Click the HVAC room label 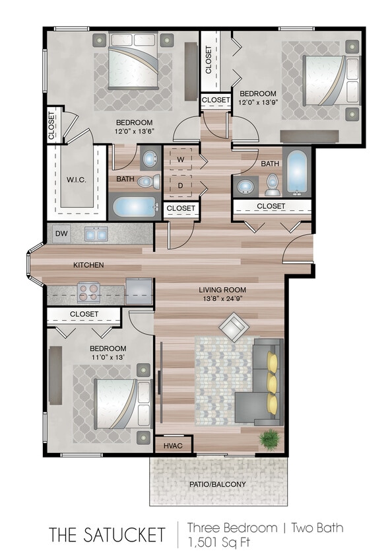tap(172, 445)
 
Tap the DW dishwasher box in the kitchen tap(61, 233)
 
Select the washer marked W tap(179, 159)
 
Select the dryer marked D tap(179, 186)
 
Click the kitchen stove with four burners tap(88, 292)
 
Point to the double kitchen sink tap(97, 233)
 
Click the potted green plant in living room tap(269, 438)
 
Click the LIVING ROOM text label tap(223, 290)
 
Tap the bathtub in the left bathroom tap(135, 207)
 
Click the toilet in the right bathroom tap(273, 186)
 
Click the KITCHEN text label tap(88, 264)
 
